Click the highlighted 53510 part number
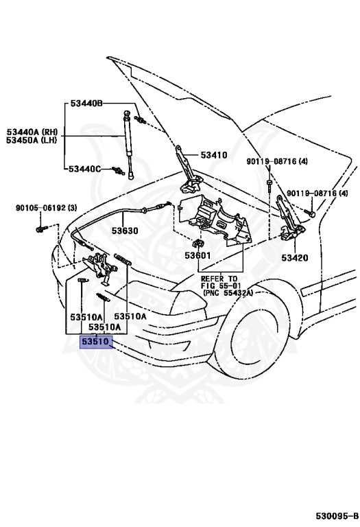96,342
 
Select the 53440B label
86,103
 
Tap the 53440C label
84,169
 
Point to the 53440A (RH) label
32,132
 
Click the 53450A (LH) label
32,139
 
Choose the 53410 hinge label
214,155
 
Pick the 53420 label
294,258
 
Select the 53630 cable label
125,231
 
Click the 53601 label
197,255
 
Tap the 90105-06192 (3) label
47,208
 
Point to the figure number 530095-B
337,515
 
